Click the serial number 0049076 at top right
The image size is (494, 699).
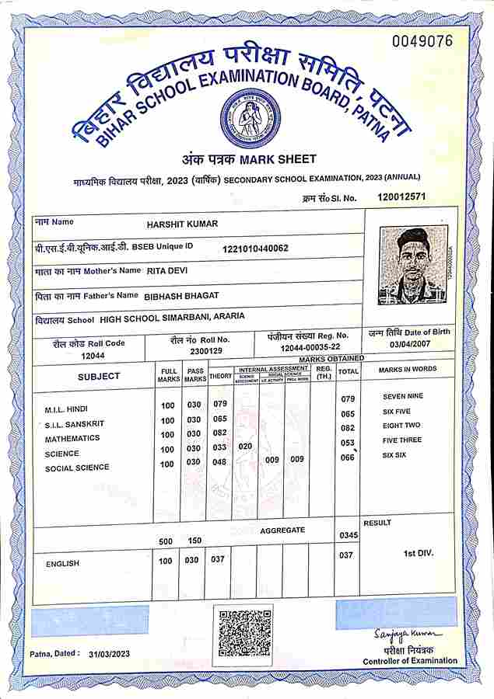click(x=421, y=40)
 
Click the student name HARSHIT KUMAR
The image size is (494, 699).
click(x=182, y=224)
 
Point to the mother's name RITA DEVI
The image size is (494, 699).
click(x=167, y=271)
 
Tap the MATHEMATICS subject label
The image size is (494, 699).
click(x=72, y=438)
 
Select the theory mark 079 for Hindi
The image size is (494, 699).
click(x=220, y=404)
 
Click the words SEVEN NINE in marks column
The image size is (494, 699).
click(x=403, y=397)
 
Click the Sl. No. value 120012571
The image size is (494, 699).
click(x=401, y=196)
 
